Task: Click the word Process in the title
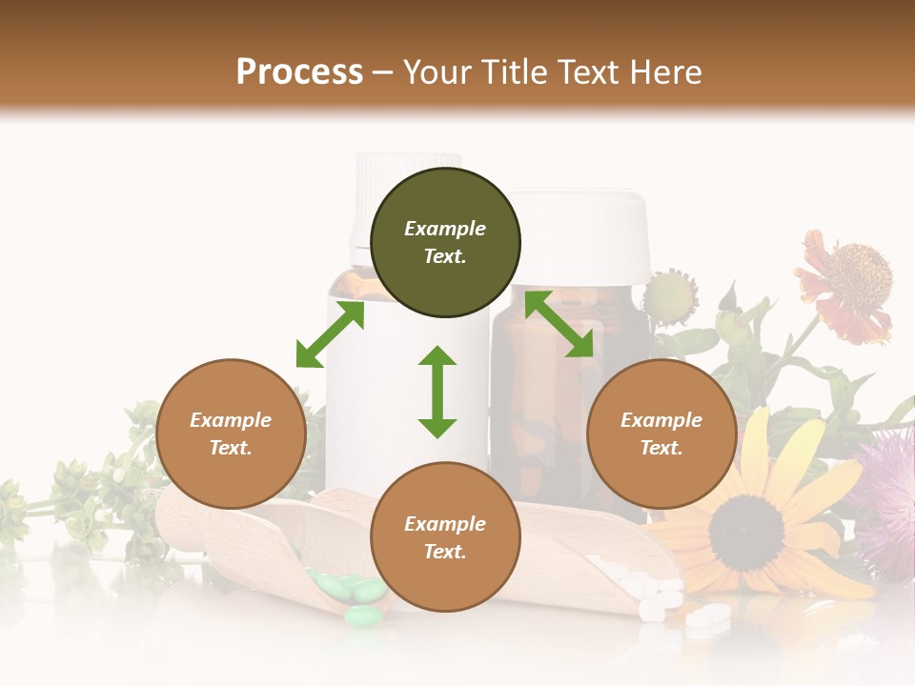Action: click(299, 72)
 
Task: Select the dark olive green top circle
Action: click(445, 242)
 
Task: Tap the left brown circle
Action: click(231, 434)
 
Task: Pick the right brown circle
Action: click(661, 434)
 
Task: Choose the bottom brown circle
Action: click(445, 537)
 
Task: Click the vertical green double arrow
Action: click(437, 392)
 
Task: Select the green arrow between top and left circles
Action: click(330, 334)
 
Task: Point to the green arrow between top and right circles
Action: click(559, 324)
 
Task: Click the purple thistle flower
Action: click(886, 495)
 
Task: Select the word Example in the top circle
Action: click(445, 229)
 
